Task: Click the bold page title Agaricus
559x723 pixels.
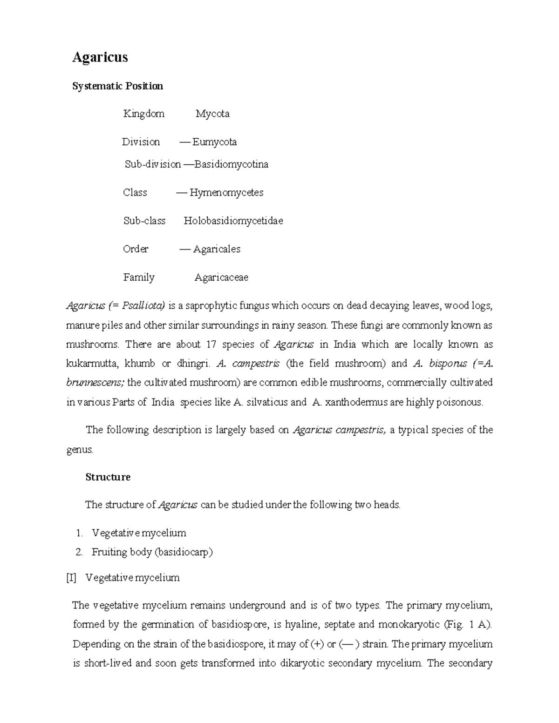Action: click(100, 57)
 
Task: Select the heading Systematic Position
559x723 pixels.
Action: click(117, 86)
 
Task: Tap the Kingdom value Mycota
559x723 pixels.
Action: click(212, 114)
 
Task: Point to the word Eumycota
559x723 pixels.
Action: click(214, 142)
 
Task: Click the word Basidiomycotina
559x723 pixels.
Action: click(231, 164)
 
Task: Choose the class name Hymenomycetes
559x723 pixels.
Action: click(226, 193)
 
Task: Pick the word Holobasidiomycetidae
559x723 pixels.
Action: click(233, 221)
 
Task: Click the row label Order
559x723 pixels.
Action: click(136, 249)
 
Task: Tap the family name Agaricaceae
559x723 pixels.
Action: click(221, 277)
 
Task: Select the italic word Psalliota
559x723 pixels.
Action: click(143, 306)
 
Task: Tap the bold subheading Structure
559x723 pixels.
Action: click(108, 477)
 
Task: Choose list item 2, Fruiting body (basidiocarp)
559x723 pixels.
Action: click(152, 552)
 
